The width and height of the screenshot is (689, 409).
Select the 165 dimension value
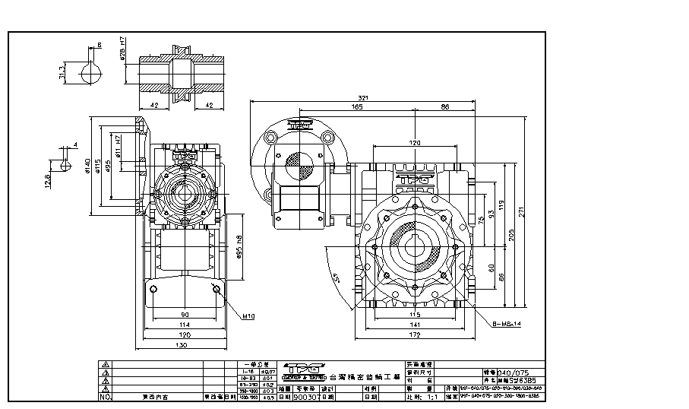pyautogui.click(x=356, y=108)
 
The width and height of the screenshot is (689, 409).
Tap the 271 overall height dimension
pyautogui.click(x=520, y=213)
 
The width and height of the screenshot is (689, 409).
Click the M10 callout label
pyautogui.click(x=248, y=315)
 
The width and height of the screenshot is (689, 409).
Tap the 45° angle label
pyautogui.click(x=335, y=277)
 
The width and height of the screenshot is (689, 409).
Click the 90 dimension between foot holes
pyautogui.click(x=185, y=314)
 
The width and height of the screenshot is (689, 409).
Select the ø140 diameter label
pyautogui.click(x=89, y=166)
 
